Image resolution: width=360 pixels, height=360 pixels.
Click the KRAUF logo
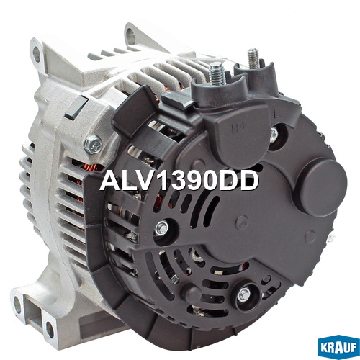pyautogui.click(x=338, y=346)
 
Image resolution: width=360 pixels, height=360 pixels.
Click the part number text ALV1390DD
pyautogui.click(x=179, y=181)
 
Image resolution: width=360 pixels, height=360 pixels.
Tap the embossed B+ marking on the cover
pyautogui.click(x=238, y=127)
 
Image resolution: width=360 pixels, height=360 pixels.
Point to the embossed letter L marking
pyautogui.click(x=277, y=114)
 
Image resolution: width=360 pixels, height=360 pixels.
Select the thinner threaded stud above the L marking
pyautogui.click(x=253, y=58)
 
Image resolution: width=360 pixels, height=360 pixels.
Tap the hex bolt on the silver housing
pyautogui.click(x=93, y=145)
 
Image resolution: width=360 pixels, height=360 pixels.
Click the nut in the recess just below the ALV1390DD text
pyautogui.click(x=162, y=228)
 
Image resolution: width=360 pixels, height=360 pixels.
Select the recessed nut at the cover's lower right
pyautogui.click(x=244, y=295)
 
